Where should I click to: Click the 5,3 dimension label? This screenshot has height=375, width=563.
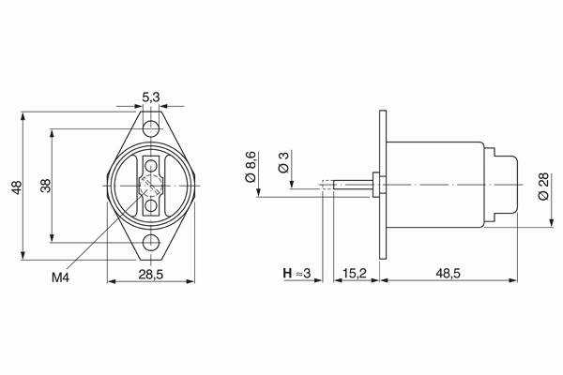tap(151, 97)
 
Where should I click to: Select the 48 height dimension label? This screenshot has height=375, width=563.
tap(17, 187)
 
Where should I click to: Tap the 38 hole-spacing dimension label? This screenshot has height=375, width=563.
tap(46, 186)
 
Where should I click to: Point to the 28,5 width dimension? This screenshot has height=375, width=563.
tap(151, 275)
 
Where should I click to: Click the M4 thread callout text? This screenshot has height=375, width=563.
tap(60, 277)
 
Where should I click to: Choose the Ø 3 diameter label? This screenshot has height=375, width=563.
tap(283, 162)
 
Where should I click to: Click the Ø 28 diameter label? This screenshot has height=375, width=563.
tap(543, 187)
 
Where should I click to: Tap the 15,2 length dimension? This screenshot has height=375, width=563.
tap(354, 274)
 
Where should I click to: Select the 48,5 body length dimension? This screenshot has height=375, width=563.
tap(449, 274)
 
